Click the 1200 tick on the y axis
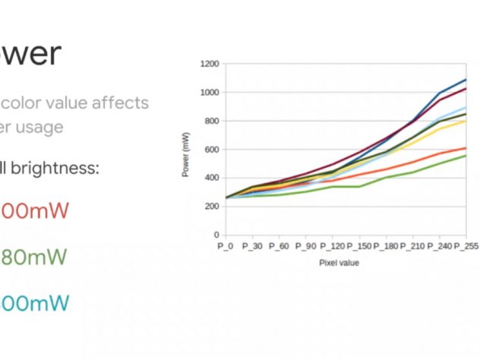[209, 64]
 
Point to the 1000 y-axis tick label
[209, 93]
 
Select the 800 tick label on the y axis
[211, 121]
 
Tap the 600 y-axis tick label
[211, 150]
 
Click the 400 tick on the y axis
[211, 178]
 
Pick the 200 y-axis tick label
[211, 207]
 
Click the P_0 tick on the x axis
[226, 246]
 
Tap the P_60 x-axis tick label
[278, 246]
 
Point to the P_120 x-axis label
[333, 246]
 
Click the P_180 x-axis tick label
[387, 246]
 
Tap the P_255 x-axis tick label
[466, 246]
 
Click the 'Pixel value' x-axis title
[339, 263]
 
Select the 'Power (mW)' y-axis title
[186, 155]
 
